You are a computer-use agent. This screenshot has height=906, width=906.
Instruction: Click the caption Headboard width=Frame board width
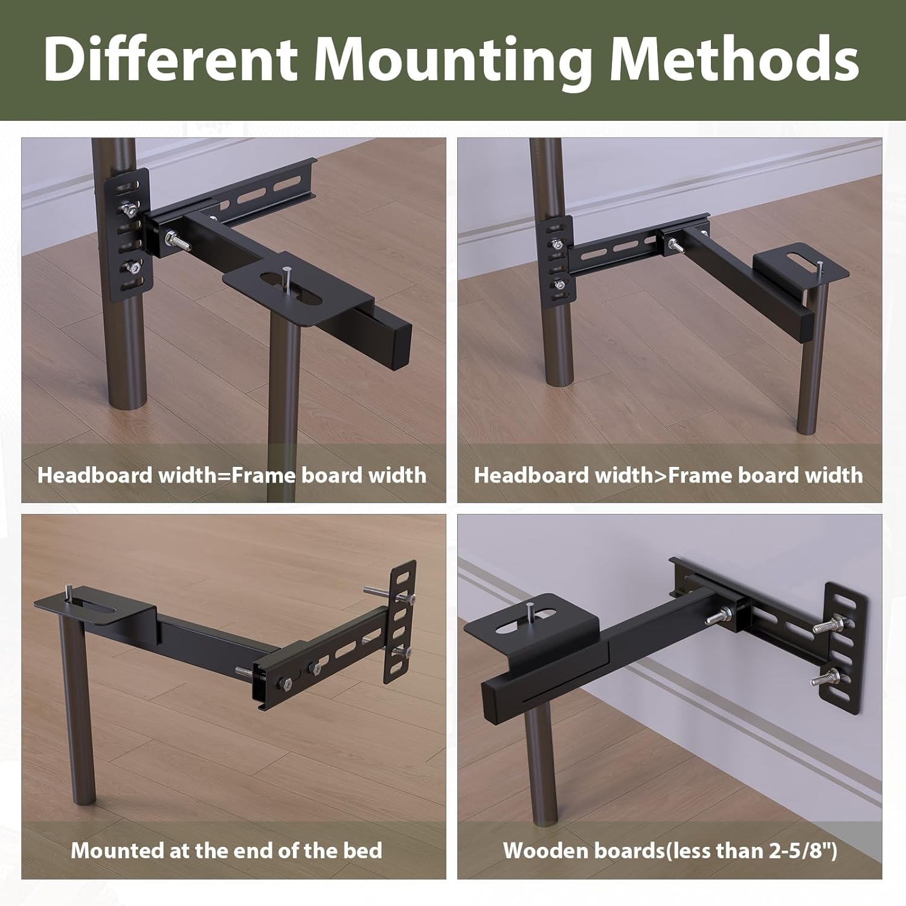(232, 475)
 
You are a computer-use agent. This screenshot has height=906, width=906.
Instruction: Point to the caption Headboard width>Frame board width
(668, 475)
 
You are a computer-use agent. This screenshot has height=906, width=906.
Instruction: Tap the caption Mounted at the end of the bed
(226, 850)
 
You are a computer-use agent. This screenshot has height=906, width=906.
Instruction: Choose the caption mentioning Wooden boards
(670, 850)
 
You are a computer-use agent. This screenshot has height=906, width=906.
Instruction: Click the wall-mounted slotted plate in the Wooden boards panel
(840, 646)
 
